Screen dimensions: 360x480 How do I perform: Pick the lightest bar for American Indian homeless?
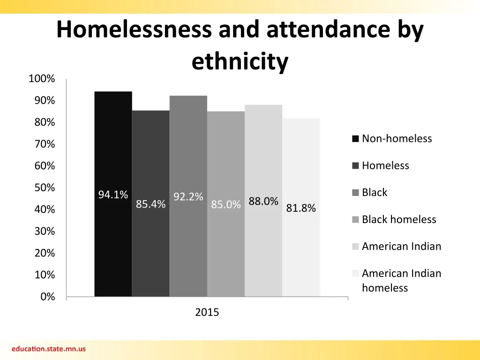tap(301, 253)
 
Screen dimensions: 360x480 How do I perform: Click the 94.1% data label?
tap(113, 195)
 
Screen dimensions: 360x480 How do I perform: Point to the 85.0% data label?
tap(226, 205)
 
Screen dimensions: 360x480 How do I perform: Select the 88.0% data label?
tap(263, 202)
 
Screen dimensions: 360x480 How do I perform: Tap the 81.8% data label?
tap(301, 208)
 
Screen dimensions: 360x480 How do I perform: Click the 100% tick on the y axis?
tap(42, 79)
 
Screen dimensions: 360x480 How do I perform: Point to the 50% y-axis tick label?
tap(44, 187)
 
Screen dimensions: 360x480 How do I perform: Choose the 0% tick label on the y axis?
tap(47, 297)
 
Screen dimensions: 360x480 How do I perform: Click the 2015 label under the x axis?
tap(207, 313)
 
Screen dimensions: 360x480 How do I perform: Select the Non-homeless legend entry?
tap(397, 138)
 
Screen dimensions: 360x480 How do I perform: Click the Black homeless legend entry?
tap(398, 219)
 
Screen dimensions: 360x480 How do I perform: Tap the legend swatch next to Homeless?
tap(355, 165)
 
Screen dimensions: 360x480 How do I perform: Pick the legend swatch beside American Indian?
tap(355, 247)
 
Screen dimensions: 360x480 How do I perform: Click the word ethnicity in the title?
tap(240, 61)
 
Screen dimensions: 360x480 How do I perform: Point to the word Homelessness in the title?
tap(134, 30)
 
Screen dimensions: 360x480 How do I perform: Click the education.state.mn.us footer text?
tap(49, 349)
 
